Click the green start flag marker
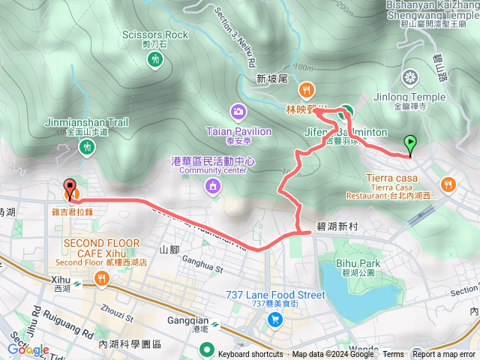tap(410, 142)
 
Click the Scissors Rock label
tap(154, 34)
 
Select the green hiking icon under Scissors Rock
tap(155, 58)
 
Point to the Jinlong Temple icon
tap(410, 76)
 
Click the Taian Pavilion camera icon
tap(238, 112)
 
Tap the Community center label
tap(214, 169)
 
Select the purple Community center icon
tap(214, 185)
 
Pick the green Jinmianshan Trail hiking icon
tap(88, 147)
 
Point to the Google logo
tap(28, 349)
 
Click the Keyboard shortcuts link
tap(250, 355)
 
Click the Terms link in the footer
tap(392, 355)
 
